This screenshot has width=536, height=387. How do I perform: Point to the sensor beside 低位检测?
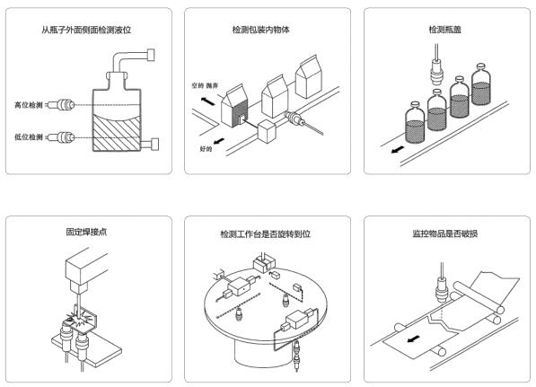coord(62,137)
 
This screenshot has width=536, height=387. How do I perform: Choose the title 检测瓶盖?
coord(445,31)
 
